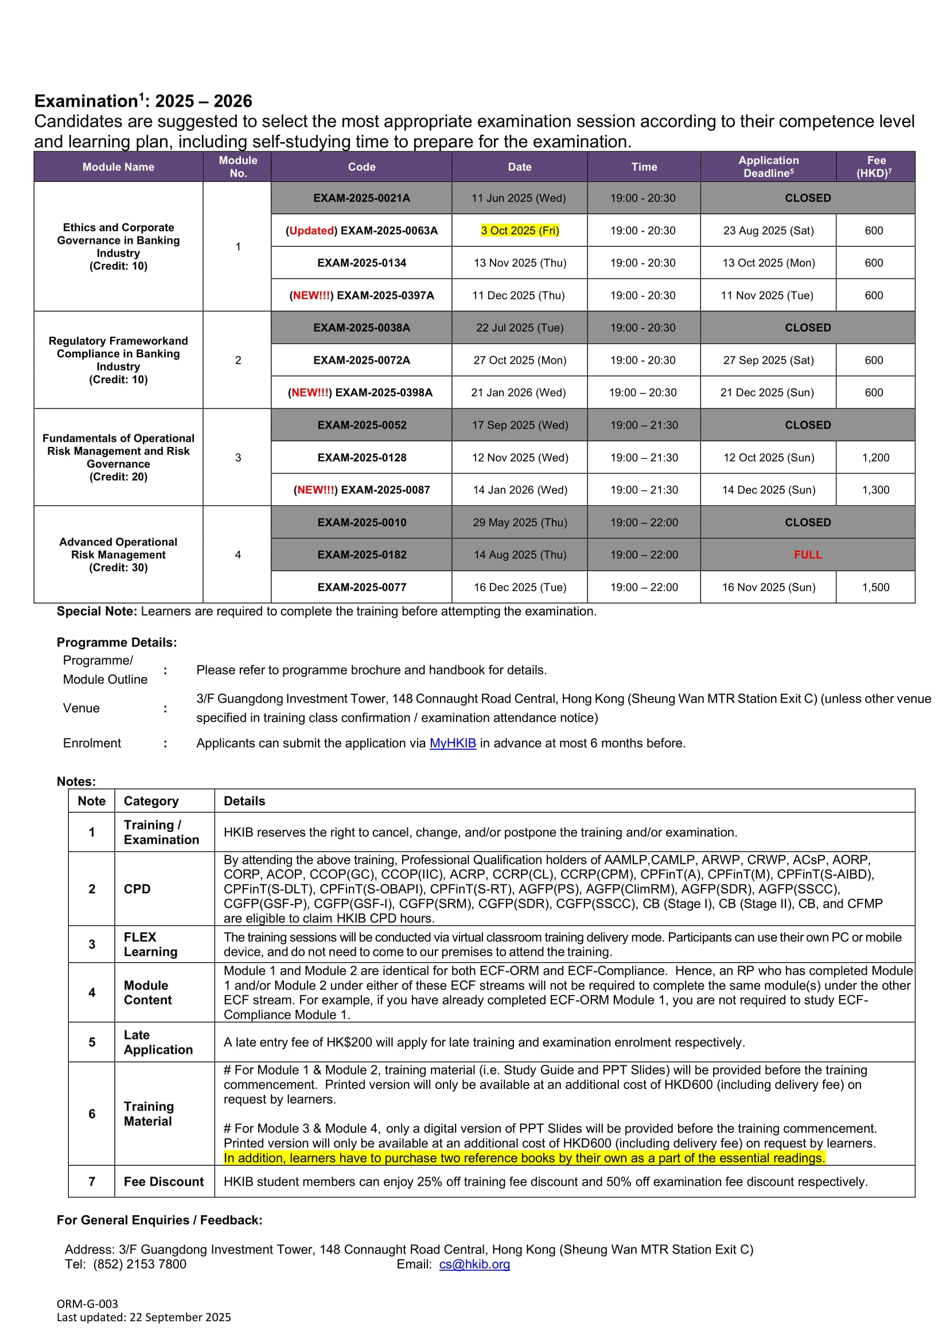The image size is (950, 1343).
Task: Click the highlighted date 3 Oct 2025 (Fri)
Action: point(519,231)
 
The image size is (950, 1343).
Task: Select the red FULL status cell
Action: point(807,555)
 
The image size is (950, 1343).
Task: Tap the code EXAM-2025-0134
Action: point(361,263)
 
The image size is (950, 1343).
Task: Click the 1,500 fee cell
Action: point(875,587)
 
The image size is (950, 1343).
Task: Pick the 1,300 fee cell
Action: point(875,490)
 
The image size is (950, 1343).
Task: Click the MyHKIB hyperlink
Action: point(452,743)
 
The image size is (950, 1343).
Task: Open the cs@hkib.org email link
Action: point(474,1264)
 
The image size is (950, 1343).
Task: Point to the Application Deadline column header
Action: point(768,167)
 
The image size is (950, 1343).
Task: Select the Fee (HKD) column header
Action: point(875,167)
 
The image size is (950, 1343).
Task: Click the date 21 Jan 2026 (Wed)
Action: point(518,392)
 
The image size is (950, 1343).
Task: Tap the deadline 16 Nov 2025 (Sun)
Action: point(768,587)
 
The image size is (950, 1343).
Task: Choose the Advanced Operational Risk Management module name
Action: point(118,555)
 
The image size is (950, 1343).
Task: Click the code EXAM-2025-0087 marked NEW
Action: point(361,490)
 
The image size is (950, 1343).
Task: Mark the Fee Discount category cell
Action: point(164,1182)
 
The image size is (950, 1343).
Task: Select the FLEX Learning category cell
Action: point(150,944)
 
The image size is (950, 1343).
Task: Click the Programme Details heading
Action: point(116,643)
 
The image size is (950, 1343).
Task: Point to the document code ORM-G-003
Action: point(87,1304)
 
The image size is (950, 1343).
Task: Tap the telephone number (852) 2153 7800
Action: point(139,1264)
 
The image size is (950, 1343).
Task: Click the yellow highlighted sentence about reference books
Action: point(524,1158)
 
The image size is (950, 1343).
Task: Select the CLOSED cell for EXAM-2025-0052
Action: point(807,425)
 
